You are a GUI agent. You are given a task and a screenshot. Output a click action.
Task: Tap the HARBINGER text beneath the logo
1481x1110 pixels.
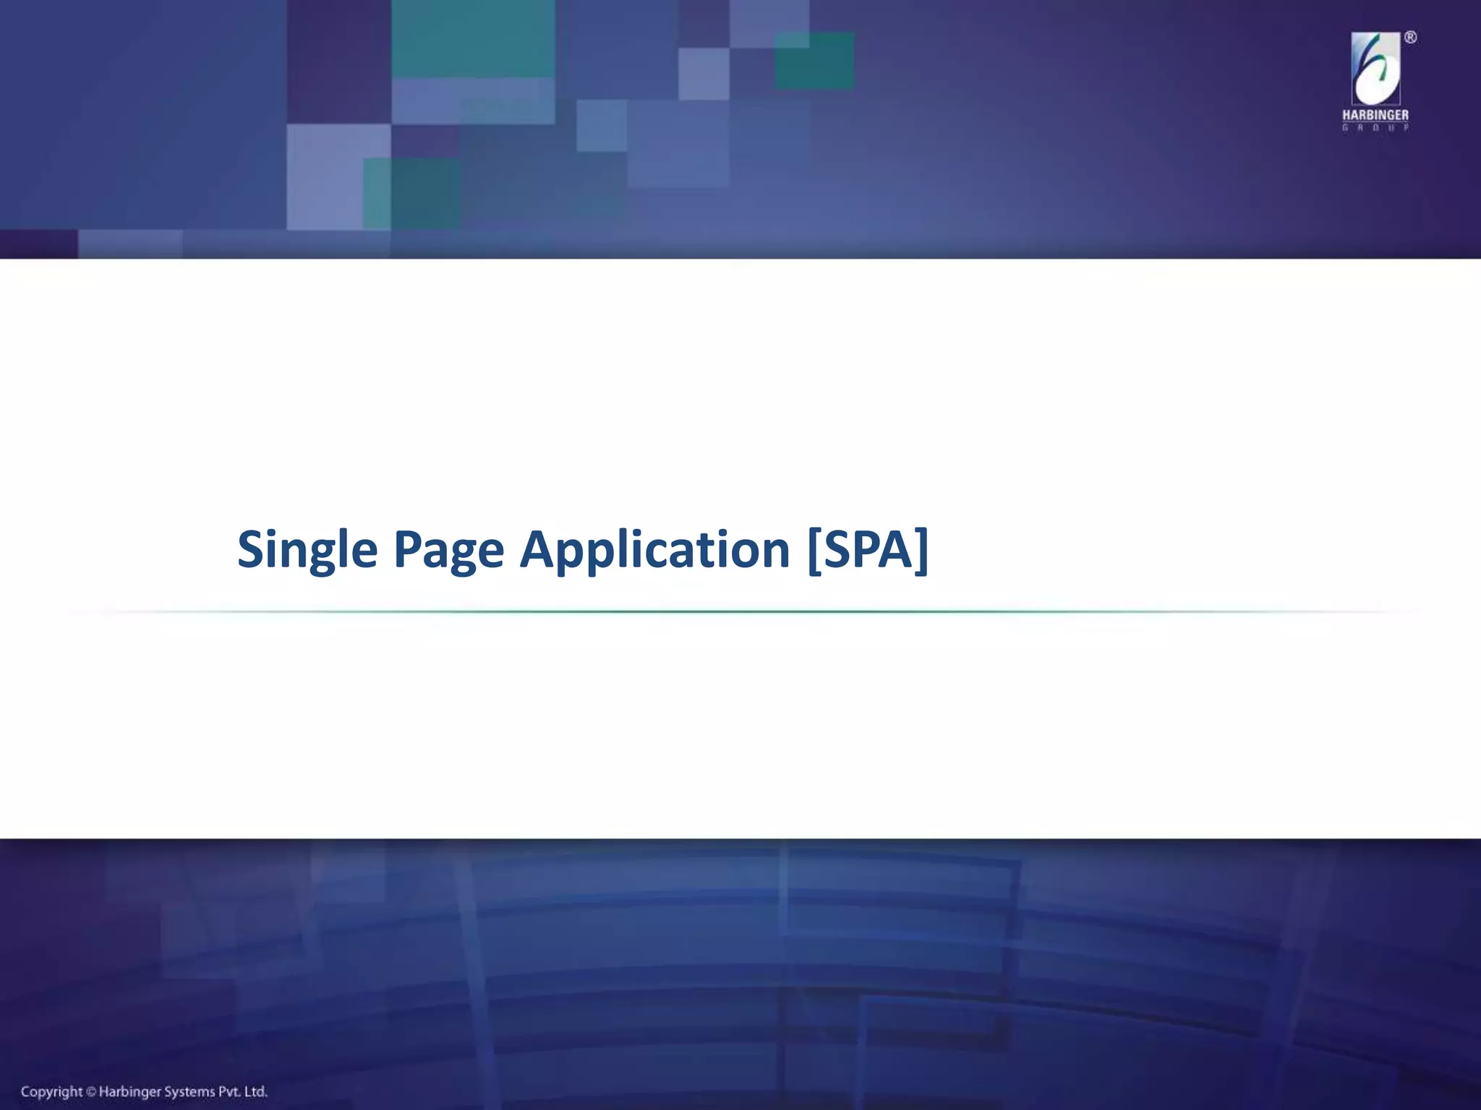[1375, 116]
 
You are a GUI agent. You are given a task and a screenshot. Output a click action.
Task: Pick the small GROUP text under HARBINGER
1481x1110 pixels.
[1375, 128]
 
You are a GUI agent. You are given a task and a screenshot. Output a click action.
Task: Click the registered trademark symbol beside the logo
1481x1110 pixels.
[1410, 38]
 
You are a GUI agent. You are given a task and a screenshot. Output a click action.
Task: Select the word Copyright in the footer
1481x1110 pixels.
[51, 1092]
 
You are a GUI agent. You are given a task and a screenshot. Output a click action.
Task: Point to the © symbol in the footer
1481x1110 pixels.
[91, 1092]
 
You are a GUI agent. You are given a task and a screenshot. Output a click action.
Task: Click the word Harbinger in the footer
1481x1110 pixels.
[129, 1092]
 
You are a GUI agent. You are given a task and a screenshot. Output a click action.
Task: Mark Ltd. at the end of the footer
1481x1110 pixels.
[256, 1092]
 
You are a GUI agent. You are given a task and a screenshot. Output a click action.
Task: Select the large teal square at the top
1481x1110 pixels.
[473, 38]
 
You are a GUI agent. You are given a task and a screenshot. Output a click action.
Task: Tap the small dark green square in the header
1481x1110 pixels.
[814, 61]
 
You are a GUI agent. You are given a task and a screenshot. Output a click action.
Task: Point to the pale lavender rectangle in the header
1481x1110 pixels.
[338, 176]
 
